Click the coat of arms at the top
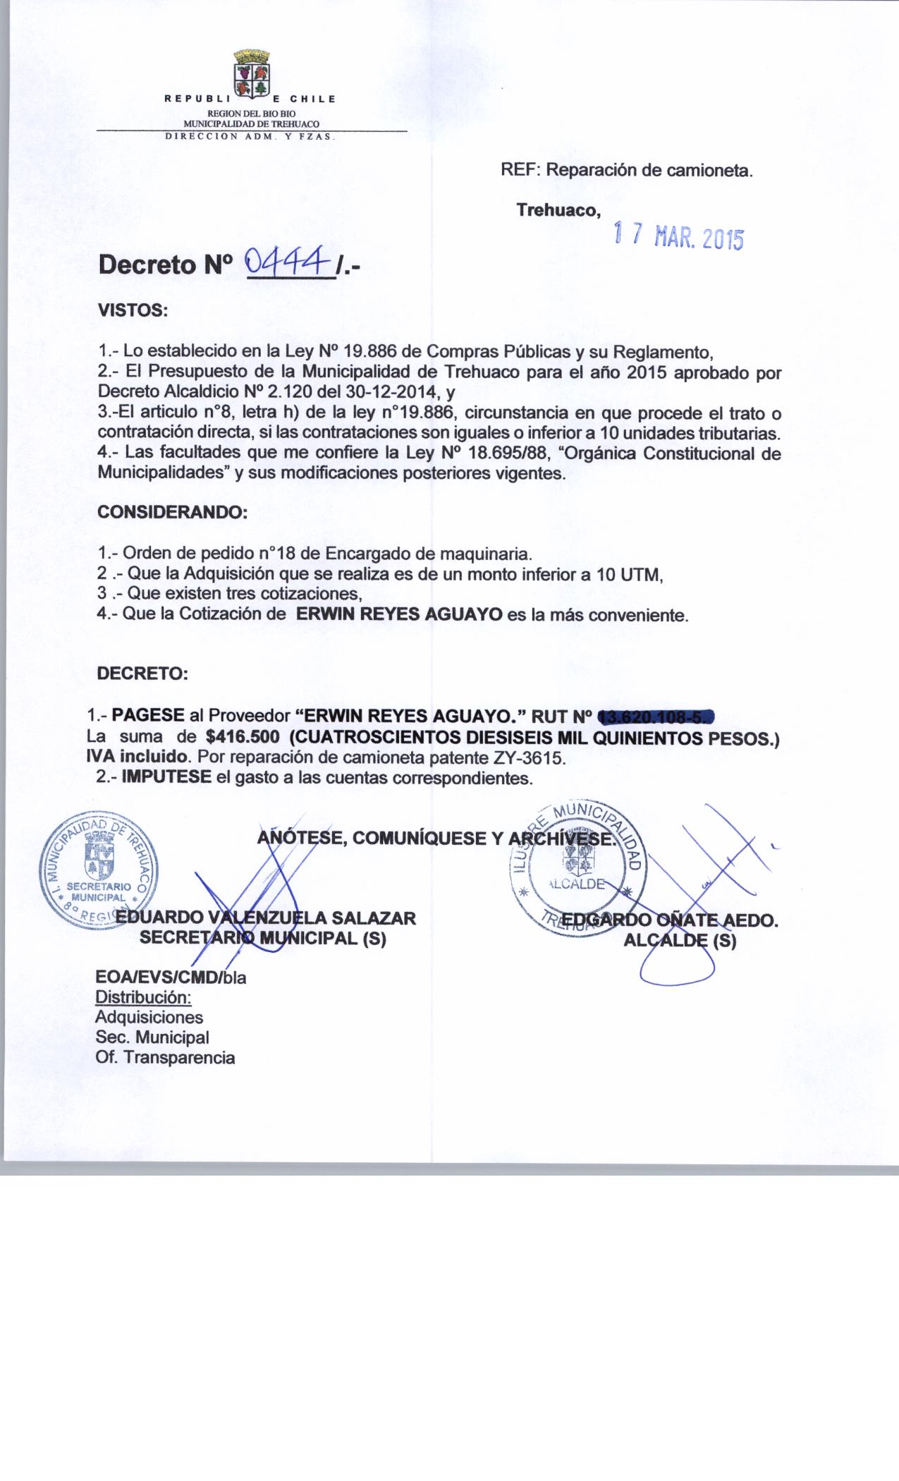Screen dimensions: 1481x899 (x=251, y=73)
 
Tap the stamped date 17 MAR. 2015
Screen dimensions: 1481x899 (x=678, y=238)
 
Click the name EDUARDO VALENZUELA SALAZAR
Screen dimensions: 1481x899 (x=266, y=918)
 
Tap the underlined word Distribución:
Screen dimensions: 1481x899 (x=143, y=997)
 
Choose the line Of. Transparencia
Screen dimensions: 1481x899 (x=166, y=1057)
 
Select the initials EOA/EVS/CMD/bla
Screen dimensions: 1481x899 (x=171, y=979)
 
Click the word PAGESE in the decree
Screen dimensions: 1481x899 (x=149, y=716)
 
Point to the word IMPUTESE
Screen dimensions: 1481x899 (x=166, y=778)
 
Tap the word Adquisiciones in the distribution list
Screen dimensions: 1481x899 (x=149, y=1017)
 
